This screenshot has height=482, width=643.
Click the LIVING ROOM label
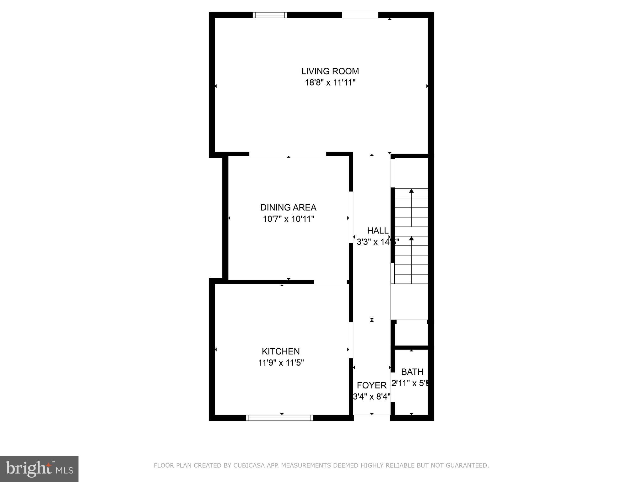[330, 71]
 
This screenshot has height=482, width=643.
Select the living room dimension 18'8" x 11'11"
[330, 83]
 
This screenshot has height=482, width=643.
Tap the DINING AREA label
[288, 207]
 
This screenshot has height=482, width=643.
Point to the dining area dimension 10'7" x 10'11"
[288, 219]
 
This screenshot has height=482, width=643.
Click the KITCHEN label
[281, 351]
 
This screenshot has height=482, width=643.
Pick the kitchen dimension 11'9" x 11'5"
[281, 363]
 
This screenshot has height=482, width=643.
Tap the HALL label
[378, 231]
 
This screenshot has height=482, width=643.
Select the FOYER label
[372, 385]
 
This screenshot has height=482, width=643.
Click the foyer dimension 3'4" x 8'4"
[372, 397]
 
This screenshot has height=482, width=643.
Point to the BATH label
[412, 372]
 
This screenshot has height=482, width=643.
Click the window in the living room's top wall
[270, 15]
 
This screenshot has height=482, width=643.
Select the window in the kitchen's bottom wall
[279, 418]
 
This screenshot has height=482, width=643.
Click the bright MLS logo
[39, 469]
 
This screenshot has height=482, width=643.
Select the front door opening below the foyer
[372, 417]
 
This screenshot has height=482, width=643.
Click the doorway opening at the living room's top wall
[360, 15]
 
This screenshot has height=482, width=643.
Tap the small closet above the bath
[411, 333]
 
